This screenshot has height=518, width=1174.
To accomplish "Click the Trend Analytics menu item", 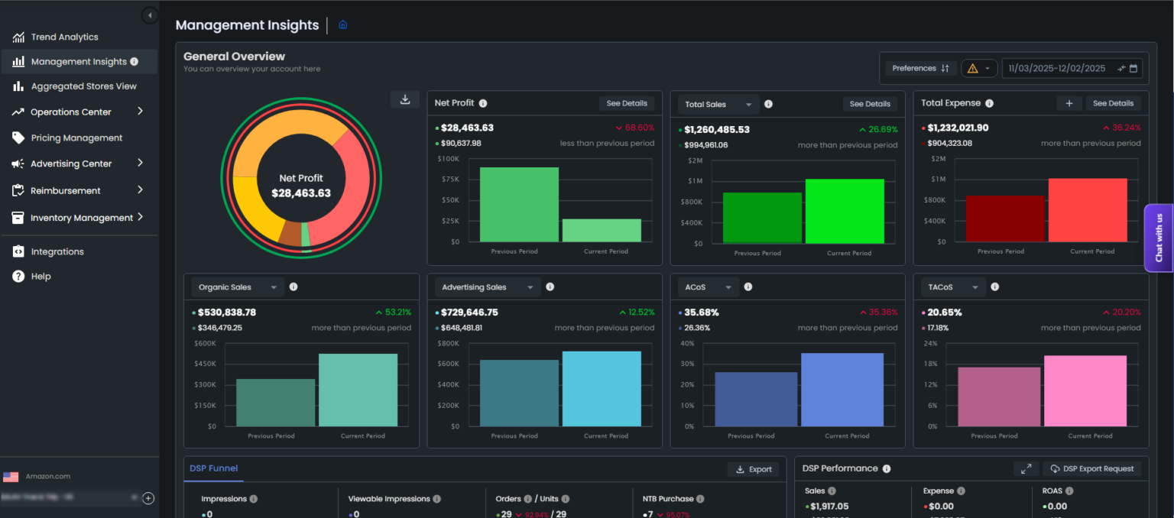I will click(64, 37).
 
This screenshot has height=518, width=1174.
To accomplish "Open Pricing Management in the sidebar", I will click(76, 138).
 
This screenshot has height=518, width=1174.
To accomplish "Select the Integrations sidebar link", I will click(57, 251).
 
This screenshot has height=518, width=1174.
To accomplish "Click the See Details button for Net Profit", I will click(626, 103).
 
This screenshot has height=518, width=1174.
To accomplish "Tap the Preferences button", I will click(921, 68).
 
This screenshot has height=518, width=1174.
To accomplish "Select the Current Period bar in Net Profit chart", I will click(602, 230).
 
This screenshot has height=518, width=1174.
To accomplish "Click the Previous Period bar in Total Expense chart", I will click(1004, 219).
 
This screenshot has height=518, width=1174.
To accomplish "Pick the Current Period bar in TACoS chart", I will click(1085, 390).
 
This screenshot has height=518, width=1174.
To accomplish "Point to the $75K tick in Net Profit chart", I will click(449, 180).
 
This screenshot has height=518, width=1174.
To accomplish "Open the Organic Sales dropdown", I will click(238, 287).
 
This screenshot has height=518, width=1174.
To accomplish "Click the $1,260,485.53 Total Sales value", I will click(717, 129).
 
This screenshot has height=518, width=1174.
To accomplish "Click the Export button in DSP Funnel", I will click(753, 469).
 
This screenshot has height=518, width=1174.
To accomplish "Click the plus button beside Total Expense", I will click(1069, 103).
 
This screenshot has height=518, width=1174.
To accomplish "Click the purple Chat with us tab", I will click(1159, 238).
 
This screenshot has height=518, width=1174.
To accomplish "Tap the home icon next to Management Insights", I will click(343, 25).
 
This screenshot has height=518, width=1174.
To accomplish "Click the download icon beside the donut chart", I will click(405, 99).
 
